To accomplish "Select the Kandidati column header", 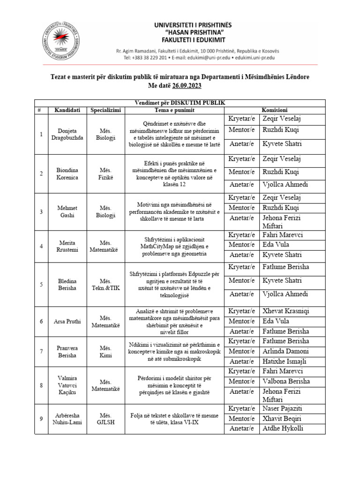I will pyautogui.click(x=67, y=110).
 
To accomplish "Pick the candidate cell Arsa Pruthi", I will pyautogui.click(x=67, y=321).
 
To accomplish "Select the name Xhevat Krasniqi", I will pyautogui.click(x=286, y=311).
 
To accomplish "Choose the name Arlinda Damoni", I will pyautogui.click(x=285, y=351).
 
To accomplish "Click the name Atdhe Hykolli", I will pyautogui.click(x=283, y=428).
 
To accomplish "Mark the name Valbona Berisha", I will pyautogui.click(x=286, y=381).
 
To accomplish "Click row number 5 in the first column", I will pyautogui.click(x=41, y=284).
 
